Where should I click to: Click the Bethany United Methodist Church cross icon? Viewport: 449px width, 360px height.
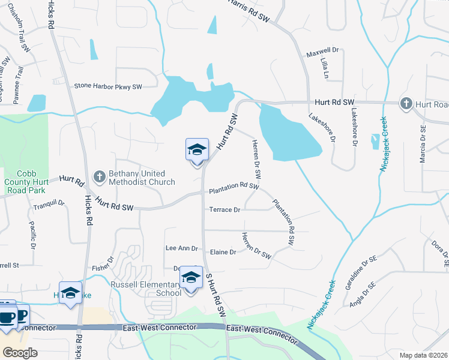click(x=100, y=176)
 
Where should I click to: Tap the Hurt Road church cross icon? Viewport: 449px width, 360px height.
click(x=406, y=104)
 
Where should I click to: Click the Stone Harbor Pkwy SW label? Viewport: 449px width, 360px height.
click(x=108, y=86)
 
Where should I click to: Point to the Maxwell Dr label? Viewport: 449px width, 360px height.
click(x=323, y=53)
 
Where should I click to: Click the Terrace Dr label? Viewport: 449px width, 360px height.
click(x=224, y=210)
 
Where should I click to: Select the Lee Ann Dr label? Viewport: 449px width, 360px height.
click(x=181, y=248)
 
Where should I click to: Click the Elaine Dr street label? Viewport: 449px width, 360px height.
click(x=223, y=252)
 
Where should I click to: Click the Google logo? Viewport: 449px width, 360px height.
click(x=20, y=352)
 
